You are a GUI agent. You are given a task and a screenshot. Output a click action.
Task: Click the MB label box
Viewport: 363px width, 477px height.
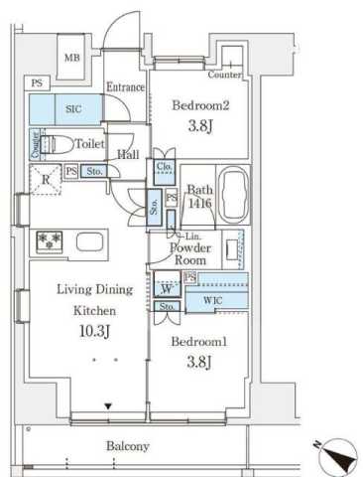[x=71, y=56]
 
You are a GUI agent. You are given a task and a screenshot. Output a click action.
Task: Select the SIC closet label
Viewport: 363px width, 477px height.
[x=74, y=109]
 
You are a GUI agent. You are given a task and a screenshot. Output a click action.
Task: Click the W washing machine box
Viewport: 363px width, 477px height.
[x=166, y=289]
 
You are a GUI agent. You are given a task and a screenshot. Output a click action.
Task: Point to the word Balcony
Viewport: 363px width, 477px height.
[x=127, y=446]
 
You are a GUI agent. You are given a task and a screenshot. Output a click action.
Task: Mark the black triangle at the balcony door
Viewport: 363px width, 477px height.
[x=109, y=405]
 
